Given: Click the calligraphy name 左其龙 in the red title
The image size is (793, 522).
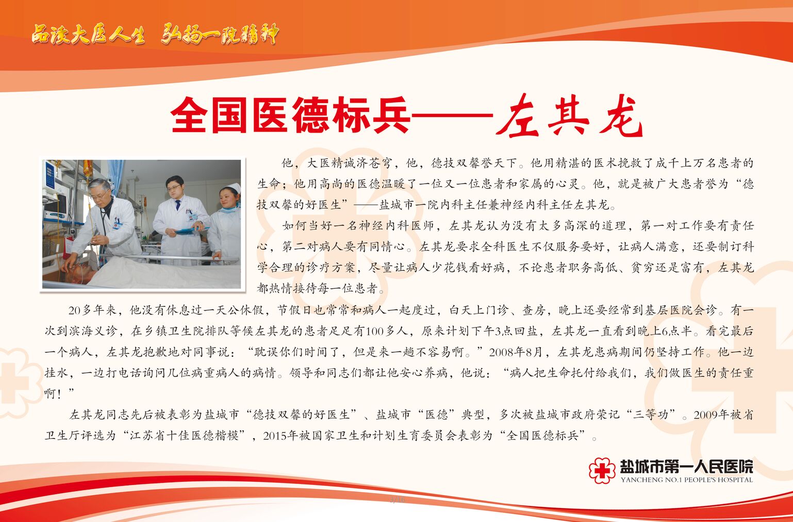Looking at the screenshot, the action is (569, 116).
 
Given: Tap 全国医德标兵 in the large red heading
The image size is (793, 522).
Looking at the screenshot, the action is (290, 115).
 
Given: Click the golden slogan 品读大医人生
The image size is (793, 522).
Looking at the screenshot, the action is (88, 35).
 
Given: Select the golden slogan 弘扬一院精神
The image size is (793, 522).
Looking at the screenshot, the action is (220, 35).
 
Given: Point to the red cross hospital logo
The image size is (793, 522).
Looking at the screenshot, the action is (602, 470).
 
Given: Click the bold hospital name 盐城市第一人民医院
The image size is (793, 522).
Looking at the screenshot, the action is (686, 466).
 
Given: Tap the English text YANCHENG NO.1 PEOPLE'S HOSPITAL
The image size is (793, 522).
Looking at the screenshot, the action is (686, 480).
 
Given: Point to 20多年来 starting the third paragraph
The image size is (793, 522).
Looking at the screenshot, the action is (92, 310).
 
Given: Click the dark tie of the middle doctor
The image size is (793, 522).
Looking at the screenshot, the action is (178, 205).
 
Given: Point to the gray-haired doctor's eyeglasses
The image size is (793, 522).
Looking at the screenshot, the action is (100, 194).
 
